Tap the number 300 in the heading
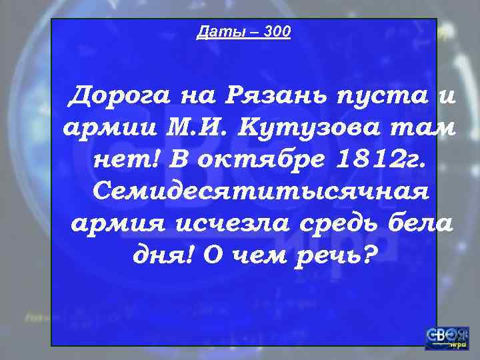click(277, 31)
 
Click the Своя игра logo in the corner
click(447, 337)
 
